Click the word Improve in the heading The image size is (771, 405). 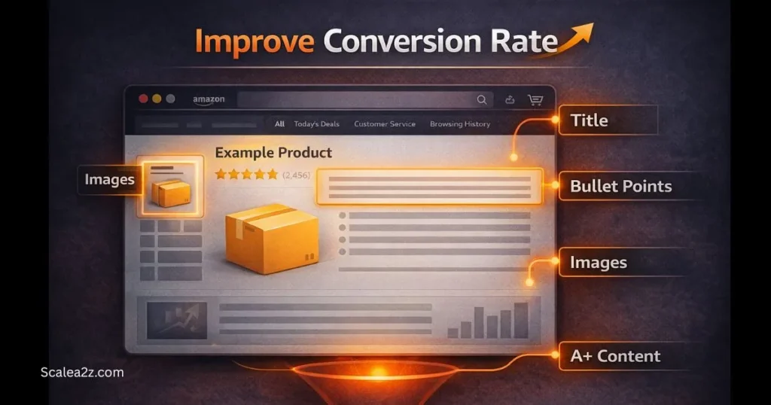[255, 41]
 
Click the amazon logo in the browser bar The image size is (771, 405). [209, 99]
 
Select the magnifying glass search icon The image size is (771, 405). [482, 99]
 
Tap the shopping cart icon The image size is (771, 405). [535, 99]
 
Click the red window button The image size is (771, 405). [142, 99]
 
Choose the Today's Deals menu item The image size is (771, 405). [316, 124]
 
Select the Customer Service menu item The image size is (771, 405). [384, 124]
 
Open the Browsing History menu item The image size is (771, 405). [459, 124]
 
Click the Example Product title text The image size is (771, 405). [273, 153]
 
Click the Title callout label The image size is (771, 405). [589, 120]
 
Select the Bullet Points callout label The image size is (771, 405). [620, 186]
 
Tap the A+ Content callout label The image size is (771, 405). [615, 356]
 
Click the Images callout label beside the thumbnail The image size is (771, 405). [109, 179]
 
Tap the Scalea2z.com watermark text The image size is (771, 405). [82, 372]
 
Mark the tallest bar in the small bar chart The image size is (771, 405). [520, 320]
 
